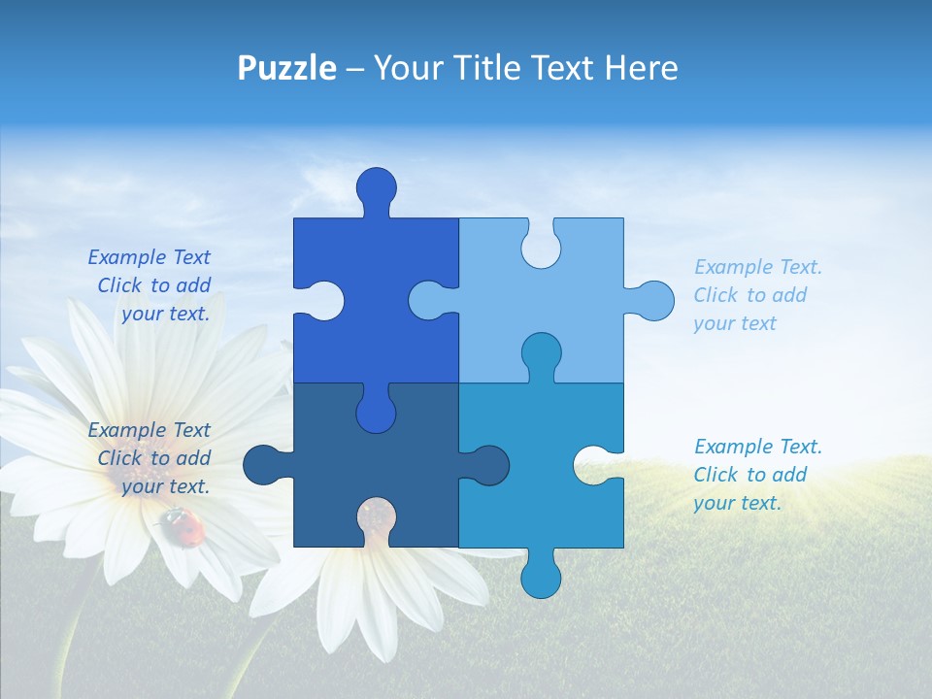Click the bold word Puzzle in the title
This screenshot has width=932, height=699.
[x=287, y=69]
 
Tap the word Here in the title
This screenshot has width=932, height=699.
[x=641, y=68]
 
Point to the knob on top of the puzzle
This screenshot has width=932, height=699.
[x=377, y=187]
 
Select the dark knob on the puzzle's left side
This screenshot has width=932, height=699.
[x=263, y=464]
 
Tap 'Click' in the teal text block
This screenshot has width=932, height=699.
[x=716, y=475]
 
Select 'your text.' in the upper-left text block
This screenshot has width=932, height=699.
[x=165, y=314]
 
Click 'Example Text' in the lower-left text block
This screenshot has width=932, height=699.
[x=149, y=430]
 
